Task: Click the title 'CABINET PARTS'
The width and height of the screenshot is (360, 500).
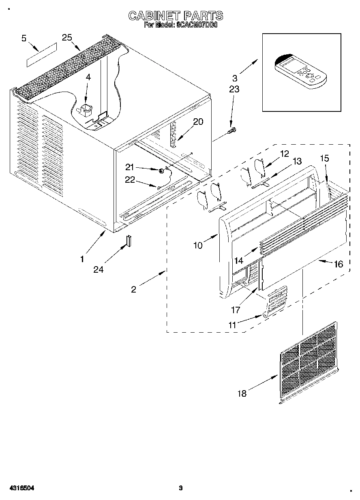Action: (176, 16)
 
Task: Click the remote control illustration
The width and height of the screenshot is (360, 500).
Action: (300, 71)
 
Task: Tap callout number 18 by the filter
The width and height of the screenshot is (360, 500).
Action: (242, 393)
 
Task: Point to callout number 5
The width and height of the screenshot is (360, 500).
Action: (24, 38)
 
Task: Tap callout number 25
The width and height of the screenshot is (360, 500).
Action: (67, 37)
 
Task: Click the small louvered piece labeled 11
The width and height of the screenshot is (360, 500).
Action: (276, 301)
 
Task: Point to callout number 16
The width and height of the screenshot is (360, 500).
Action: (338, 264)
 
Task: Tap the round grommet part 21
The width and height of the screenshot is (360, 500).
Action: (162, 171)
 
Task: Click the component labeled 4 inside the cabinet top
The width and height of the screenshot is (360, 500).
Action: (86, 109)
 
